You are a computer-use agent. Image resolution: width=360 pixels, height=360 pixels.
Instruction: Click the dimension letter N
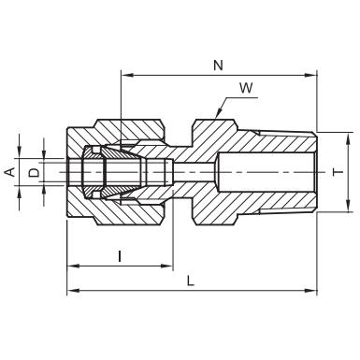(x=219, y=65)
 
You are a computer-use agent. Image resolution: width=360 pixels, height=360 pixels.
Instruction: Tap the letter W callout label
(x=246, y=88)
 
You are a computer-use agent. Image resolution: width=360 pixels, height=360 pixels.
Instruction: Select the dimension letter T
(x=338, y=172)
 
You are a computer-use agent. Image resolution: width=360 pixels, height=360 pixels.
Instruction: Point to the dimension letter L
(x=191, y=281)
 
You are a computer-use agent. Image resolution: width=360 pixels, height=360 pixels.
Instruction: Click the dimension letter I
(x=120, y=256)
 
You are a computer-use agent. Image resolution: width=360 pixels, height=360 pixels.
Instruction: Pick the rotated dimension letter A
(x=11, y=172)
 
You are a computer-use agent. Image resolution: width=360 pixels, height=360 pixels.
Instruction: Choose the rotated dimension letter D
(x=34, y=172)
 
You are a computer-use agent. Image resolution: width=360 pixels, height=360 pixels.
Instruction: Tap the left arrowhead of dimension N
(x=126, y=75)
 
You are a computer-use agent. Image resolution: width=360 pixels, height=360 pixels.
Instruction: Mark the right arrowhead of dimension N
(x=311, y=75)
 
